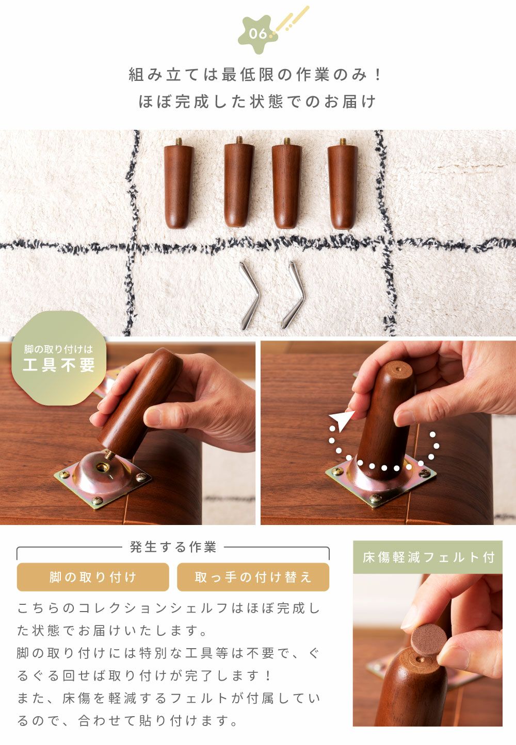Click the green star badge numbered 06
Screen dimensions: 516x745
coord(258,33)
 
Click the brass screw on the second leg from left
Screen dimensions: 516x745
coord(239,140)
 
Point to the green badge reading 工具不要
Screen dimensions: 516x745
coord(59,358)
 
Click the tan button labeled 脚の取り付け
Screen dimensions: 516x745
coord(93,577)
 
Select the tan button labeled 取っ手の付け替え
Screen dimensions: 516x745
coord(253,577)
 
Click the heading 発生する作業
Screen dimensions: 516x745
coord(173,547)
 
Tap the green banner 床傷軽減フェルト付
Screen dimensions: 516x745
coord(428,557)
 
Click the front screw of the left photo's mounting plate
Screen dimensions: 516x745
coord(97,500)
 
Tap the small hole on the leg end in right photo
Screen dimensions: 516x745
coord(398,369)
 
